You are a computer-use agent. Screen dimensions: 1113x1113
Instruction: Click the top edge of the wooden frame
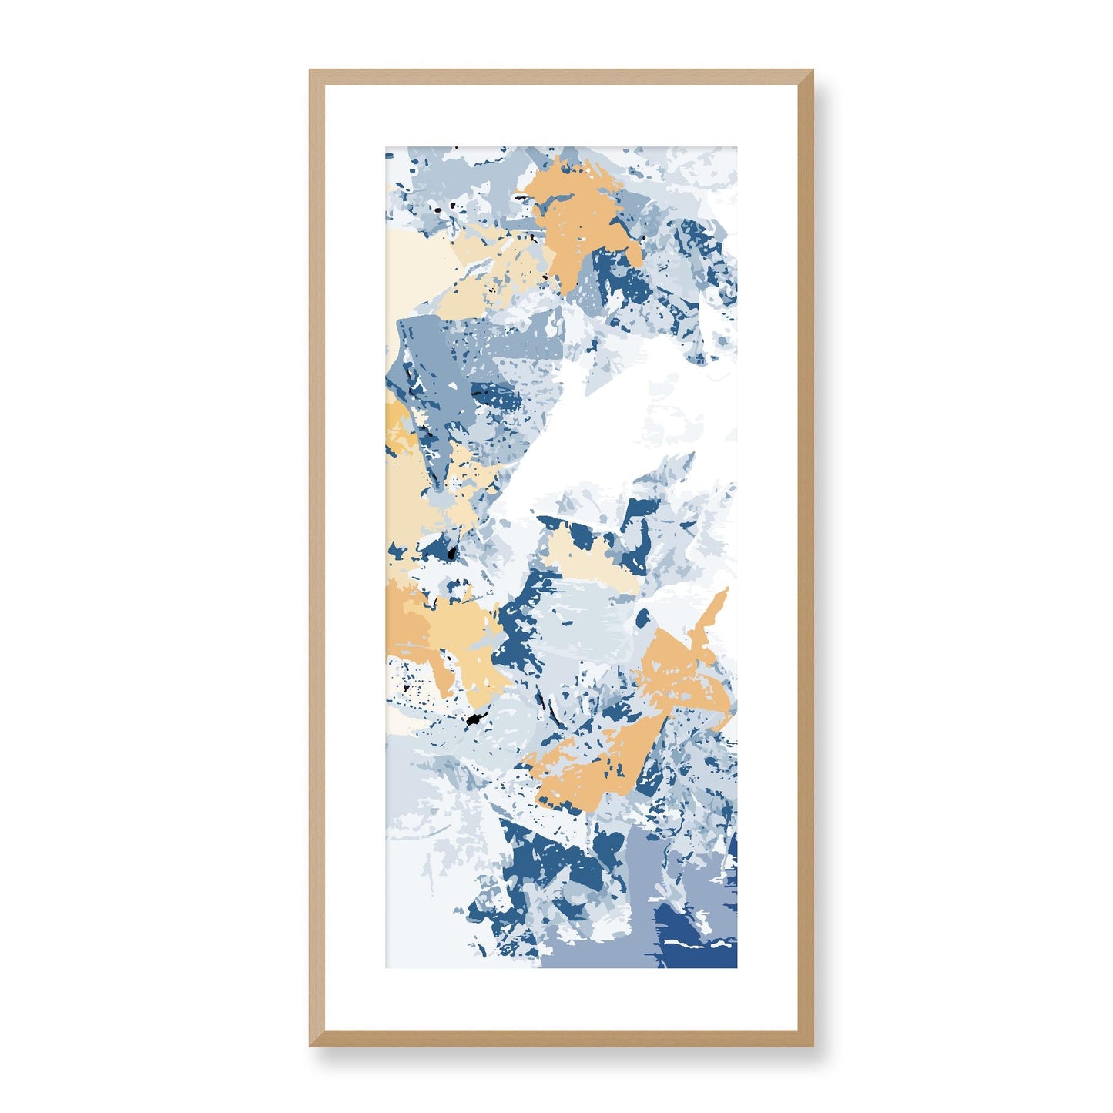coord(561,76)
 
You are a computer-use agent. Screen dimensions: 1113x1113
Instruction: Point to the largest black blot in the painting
coord(473,720)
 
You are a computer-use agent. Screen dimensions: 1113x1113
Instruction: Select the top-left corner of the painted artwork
coord(387,146)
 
